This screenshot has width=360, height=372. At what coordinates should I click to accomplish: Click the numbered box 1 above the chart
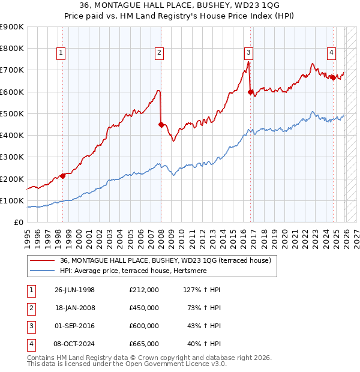pos(61,53)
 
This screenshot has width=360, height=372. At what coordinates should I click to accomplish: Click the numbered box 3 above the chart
pos(248,53)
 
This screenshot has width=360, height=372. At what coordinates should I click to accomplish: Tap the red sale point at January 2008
pos(161,125)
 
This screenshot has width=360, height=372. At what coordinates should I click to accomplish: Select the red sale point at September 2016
pos(250,92)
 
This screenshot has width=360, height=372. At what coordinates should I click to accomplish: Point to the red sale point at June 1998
pos(63,176)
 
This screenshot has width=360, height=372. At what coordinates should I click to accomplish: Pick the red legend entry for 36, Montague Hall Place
pos(166,260)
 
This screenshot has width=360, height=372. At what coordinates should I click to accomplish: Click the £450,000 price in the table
pos(144,307)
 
